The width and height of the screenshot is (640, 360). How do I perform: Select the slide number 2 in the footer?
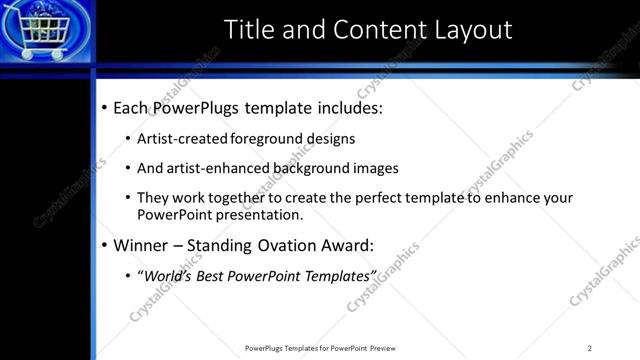click(x=589, y=348)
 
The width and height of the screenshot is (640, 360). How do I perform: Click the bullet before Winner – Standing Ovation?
click(x=105, y=245)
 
